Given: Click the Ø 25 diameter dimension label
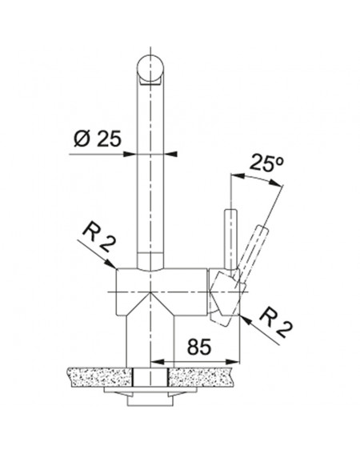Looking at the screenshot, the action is point(98,139).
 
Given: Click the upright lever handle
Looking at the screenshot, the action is point(231,239).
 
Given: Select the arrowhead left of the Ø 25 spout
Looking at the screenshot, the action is point(130,154).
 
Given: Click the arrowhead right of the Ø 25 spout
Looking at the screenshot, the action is point(170,154).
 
